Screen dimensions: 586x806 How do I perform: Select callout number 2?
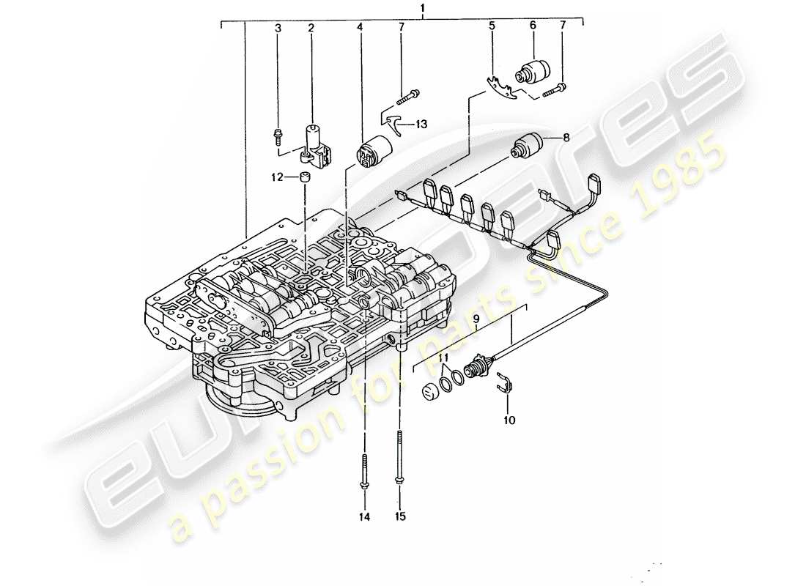pyautogui.click(x=311, y=28)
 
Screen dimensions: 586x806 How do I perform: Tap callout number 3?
pyautogui.click(x=278, y=28)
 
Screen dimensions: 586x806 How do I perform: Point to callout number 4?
pyautogui.click(x=360, y=28)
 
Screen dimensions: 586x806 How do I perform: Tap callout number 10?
pyautogui.click(x=509, y=420)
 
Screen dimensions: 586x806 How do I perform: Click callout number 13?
pyautogui.click(x=420, y=125)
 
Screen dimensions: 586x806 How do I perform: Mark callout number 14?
pyautogui.click(x=365, y=516)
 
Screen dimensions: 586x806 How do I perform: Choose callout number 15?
pyautogui.click(x=399, y=516)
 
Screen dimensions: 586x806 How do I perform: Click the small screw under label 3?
pyautogui.click(x=278, y=134)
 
